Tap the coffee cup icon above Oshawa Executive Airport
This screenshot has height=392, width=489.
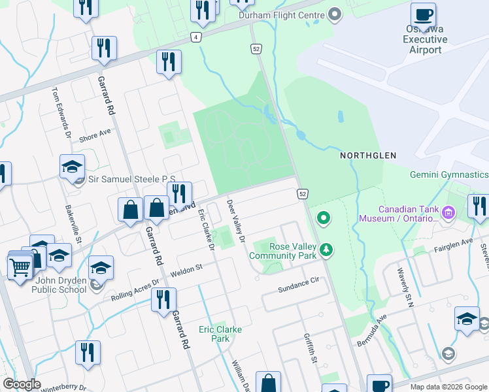click(424, 14)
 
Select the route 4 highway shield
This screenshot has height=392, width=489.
click(196, 37)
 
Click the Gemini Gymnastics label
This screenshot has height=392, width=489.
click(448, 174)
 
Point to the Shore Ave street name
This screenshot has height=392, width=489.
click(95, 136)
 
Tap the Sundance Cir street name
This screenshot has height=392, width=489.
click(297, 282)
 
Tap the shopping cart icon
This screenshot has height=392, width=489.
click(19, 267)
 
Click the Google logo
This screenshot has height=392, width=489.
click(22, 384)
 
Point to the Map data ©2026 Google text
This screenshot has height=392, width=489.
click(448, 387)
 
